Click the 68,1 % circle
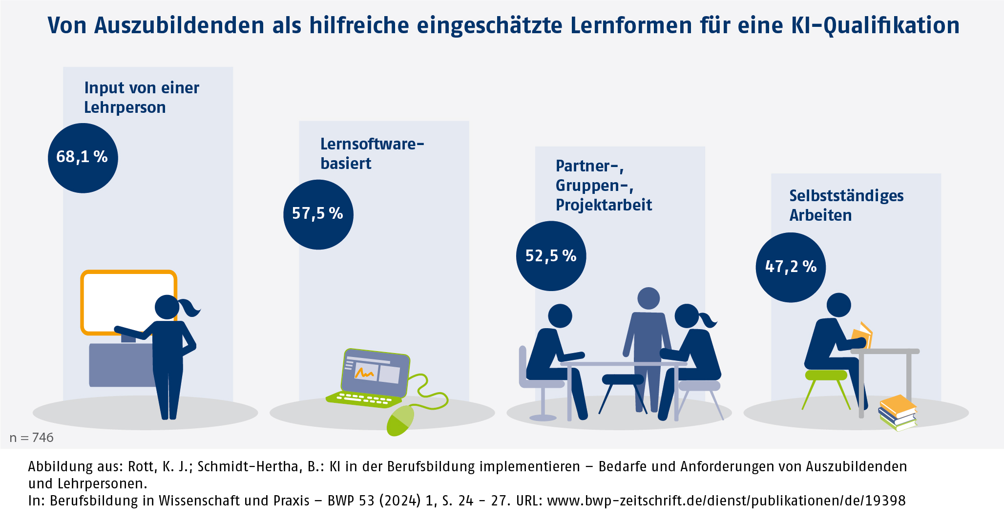(x=83, y=158)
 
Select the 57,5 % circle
(x=318, y=214)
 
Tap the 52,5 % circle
(x=551, y=256)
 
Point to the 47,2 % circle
(x=791, y=267)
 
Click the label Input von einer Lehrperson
(x=141, y=98)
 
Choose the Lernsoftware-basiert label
(x=372, y=153)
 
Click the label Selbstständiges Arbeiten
(x=846, y=205)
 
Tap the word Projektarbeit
(x=604, y=205)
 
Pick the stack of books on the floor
(x=898, y=413)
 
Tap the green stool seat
(x=826, y=375)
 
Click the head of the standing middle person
(x=648, y=298)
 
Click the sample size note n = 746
(x=32, y=438)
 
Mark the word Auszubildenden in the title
(x=179, y=25)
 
